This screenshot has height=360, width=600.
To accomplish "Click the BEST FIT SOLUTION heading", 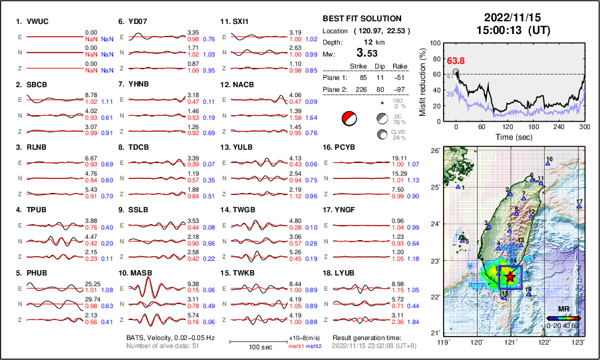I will click(x=361, y=19).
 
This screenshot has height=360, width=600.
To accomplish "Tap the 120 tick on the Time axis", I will click(x=508, y=126).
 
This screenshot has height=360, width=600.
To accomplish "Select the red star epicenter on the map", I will click(x=510, y=275).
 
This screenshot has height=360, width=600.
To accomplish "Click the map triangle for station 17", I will click(x=579, y=207).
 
